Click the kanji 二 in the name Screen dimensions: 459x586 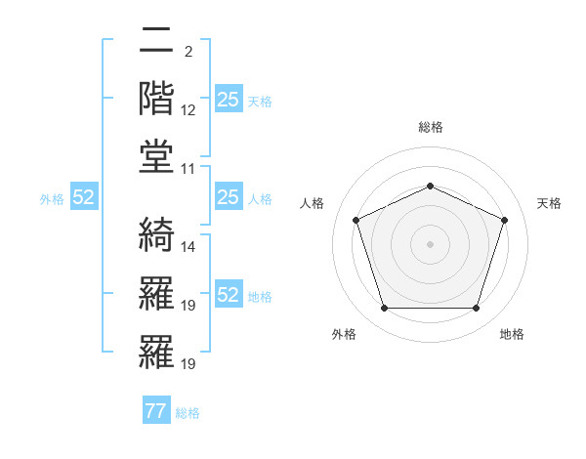(156, 41)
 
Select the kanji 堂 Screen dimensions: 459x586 (156, 155)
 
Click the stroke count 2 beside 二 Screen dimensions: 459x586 (187, 51)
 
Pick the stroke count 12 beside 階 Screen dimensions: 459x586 (188, 109)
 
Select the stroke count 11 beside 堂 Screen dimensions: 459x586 (188, 168)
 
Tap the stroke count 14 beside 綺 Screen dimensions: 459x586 (188, 247)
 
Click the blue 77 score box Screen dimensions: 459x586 (155, 411)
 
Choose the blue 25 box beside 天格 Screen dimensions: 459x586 (228, 100)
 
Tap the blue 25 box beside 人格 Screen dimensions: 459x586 (228, 198)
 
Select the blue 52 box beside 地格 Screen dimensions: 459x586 (228, 296)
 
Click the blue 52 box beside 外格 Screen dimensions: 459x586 (84, 198)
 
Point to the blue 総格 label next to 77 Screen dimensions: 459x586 (188, 413)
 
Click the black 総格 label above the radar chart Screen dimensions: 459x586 (431, 127)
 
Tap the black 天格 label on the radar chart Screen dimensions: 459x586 (550, 203)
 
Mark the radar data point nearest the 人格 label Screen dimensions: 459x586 (356, 219)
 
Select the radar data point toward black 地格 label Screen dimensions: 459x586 (476, 309)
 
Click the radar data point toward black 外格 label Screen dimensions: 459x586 (384, 309)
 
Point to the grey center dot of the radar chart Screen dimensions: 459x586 (430, 243)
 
